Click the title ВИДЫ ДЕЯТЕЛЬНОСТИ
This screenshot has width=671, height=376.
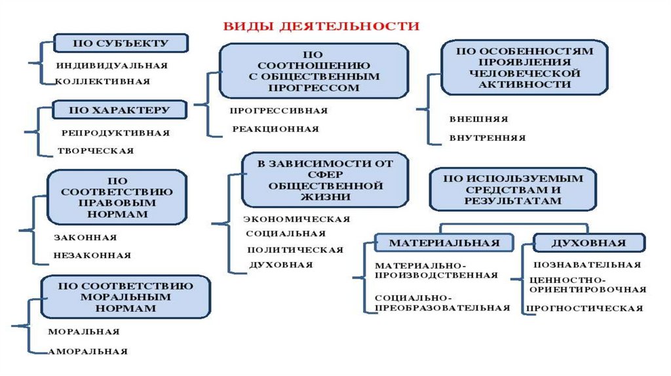[x=321, y=26]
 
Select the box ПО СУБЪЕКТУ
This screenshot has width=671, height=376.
[x=121, y=44]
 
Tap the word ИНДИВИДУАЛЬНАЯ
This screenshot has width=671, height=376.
[x=111, y=66]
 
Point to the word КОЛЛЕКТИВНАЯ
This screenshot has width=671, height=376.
[x=103, y=82]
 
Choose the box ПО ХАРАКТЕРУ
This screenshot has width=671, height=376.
[x=121, y=110]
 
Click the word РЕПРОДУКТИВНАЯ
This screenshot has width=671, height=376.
[x=115, y=133]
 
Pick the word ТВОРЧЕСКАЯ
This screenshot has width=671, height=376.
[x=96, y=151]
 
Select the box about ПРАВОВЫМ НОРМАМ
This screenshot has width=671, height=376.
[x=117, y=197]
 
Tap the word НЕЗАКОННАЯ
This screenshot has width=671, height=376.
[x=92, y=255]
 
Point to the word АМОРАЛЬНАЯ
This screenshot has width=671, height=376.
[x=88, y=352]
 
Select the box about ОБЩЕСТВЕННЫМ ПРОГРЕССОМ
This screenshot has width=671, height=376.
[x=313, y=71]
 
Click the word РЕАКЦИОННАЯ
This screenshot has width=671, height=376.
[x=276, y=129]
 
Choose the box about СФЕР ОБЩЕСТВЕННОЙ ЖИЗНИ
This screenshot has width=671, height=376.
[x=324, y=179]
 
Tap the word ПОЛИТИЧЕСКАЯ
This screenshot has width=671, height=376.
[x=295, y=250]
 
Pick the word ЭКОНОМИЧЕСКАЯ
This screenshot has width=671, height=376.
[x=297, y=219]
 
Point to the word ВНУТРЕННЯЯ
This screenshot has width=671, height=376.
[x=488, y=138]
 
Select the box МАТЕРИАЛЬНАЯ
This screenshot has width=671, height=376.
[x=444, y=243]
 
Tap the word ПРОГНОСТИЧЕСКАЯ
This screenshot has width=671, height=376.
[x=585, y=308]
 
